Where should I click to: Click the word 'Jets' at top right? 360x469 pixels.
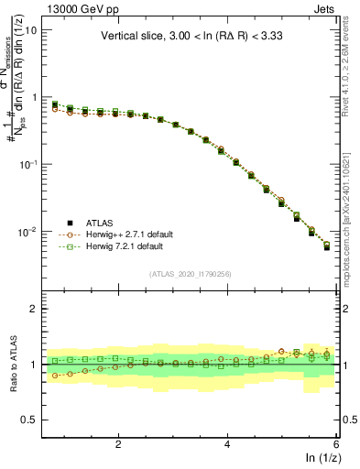click(324, 7)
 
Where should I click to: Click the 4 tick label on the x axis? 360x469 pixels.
click(227, 444)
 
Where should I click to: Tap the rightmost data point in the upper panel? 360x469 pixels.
click(327, 247)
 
